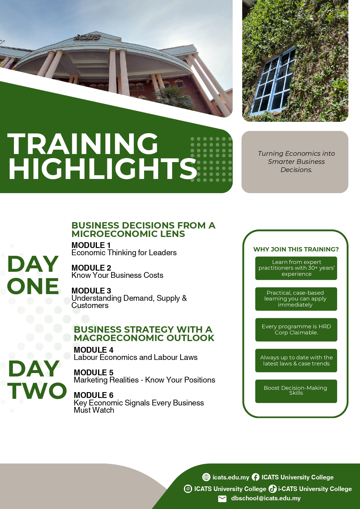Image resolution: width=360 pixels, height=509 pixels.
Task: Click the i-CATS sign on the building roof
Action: click(x=87, y=37)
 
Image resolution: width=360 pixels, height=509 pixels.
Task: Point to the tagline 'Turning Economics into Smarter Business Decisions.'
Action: click(x=296, y=162)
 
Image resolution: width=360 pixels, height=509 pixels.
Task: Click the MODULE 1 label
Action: click(x=91, y=245)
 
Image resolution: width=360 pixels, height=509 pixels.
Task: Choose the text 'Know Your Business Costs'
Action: click(x=117, y=275)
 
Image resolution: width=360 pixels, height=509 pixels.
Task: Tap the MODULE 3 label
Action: click(x=91, y=291)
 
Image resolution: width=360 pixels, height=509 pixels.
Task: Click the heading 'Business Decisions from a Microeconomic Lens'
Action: click(x=144, y=229)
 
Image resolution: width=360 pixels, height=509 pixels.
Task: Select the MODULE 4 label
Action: click(x=94, y=350)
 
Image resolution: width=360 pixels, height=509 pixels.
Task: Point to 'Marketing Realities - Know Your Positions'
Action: click(x=144, y=380)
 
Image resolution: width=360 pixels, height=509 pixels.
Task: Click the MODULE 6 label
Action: click(x=94, y=395)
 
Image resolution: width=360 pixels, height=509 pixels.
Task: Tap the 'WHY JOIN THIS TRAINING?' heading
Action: click(x=296, y=249)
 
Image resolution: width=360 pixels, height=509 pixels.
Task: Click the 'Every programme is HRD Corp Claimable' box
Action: click(x=296, y=330)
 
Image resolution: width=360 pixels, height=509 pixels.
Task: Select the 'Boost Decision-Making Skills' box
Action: click(x=296, y=391)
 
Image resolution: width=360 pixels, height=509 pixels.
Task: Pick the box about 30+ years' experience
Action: click(x=296, y=268)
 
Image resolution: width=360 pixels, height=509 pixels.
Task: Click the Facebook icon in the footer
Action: click(x=256, y=477)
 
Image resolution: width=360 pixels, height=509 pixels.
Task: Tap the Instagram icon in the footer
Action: click(x=188, y=489)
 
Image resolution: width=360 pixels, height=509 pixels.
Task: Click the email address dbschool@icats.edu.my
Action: click(x=266, y=498)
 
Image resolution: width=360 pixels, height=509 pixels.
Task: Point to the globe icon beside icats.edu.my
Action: click(x=206, y=477)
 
